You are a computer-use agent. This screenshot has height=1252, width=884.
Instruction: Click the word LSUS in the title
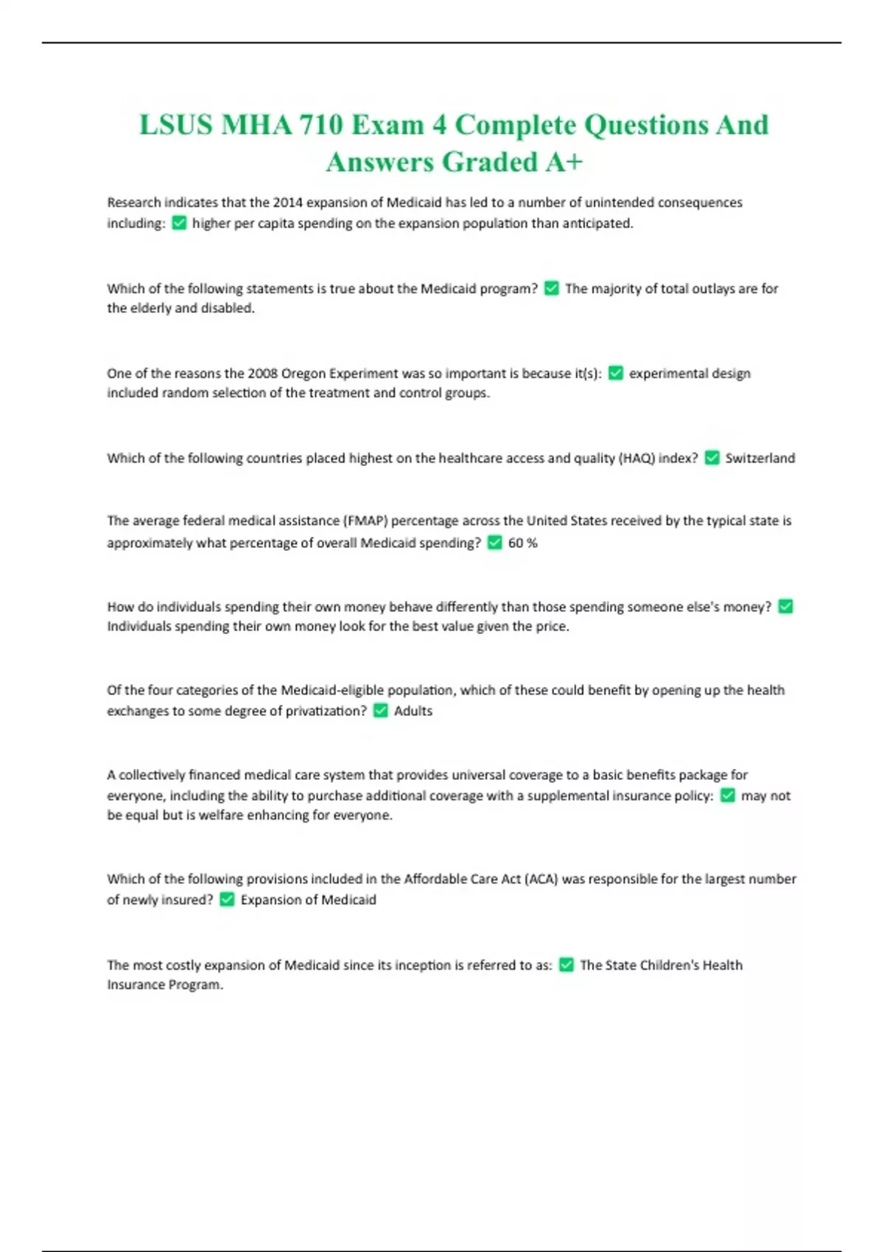pos(175,125)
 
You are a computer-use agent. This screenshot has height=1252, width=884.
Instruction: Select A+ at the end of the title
pos(564,163)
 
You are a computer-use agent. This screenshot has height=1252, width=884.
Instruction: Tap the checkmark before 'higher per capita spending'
pos(179,223)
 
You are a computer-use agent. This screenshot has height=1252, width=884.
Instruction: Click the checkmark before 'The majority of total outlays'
pos(552,289)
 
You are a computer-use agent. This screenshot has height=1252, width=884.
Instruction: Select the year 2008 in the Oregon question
pos(262,373)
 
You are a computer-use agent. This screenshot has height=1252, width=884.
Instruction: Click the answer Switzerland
pos(760,458)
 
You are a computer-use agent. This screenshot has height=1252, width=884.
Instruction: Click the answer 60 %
pos(522,544)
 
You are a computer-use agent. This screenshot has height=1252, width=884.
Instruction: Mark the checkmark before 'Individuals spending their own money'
pos(786,607)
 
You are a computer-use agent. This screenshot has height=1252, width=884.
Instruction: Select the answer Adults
pos(413,711)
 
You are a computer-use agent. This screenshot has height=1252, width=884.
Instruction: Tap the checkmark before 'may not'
pos(728,795)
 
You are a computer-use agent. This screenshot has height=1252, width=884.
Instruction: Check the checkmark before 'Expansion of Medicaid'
pos(227,900)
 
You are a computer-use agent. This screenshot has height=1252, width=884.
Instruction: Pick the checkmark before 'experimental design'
pos(616,373)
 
